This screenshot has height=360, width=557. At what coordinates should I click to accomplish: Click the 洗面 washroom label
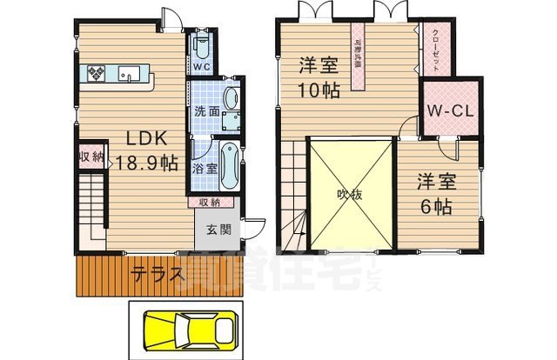point(206,111)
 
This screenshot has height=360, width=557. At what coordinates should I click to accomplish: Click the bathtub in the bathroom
point(228,164)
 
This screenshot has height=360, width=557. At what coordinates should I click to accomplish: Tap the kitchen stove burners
point(95,73)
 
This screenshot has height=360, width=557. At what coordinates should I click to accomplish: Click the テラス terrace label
point(158,275)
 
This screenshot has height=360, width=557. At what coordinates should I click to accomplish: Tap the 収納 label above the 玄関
point(209,203)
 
